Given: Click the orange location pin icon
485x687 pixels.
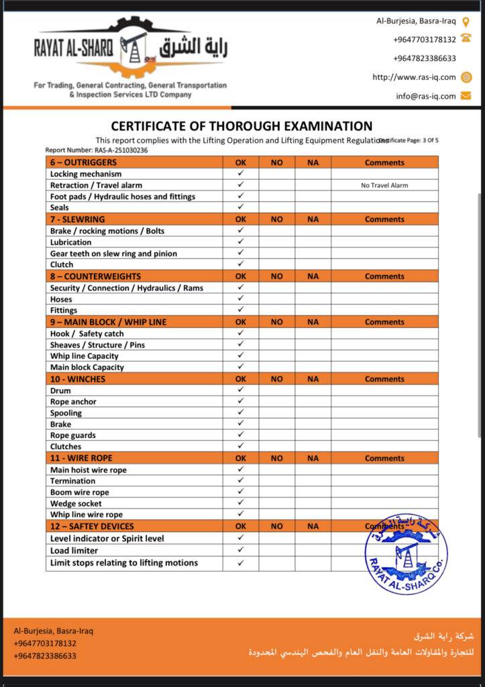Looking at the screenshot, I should click(466, 21).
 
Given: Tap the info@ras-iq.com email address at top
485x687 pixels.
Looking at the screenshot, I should click(425, 96).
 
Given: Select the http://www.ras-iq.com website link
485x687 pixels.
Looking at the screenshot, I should click(414, 77).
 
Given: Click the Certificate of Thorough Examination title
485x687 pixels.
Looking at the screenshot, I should click(241, 126).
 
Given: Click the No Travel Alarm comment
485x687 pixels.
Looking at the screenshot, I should click(384, 185).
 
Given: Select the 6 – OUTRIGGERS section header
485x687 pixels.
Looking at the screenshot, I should click(83, 162).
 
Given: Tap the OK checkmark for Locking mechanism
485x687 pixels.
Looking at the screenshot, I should click(241, 174).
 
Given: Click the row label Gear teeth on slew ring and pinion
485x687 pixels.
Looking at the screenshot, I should click(113, 254).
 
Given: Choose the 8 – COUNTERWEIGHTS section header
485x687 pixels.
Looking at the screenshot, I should click(95, 276).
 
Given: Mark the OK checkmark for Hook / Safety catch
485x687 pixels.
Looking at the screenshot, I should click(241, 333).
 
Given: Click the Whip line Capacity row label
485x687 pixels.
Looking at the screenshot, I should click(84, 356).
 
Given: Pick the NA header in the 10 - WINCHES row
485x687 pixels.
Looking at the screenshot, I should click(313, 379).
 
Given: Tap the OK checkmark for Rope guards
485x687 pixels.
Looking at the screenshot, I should click(241, 435).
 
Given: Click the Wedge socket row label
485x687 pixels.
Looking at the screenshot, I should click(76, 504).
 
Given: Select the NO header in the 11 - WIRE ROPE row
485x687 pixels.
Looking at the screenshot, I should click(276, 459).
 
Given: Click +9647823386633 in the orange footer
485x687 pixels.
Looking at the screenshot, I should click(45, 656).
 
